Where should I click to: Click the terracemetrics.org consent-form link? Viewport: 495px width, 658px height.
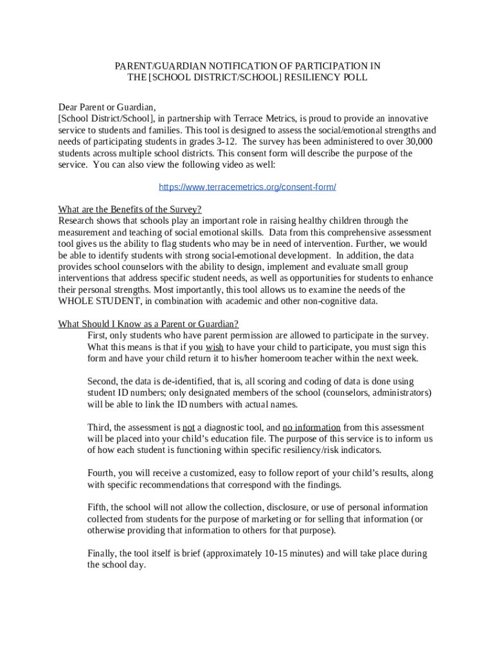[x=248, y=187]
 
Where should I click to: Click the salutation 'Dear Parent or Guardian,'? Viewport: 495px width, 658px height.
[x=107, y=107]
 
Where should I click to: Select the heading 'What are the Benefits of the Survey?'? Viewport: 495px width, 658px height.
[x=130, y=209]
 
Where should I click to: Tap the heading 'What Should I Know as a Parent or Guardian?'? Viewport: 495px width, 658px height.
[x=148, y=324]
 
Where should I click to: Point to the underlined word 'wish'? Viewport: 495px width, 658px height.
[x=215, y=347]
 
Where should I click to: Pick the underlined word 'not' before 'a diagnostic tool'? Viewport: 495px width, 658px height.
[x=188, y=427]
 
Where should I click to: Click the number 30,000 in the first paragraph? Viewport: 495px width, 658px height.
[x=415, y=141]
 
